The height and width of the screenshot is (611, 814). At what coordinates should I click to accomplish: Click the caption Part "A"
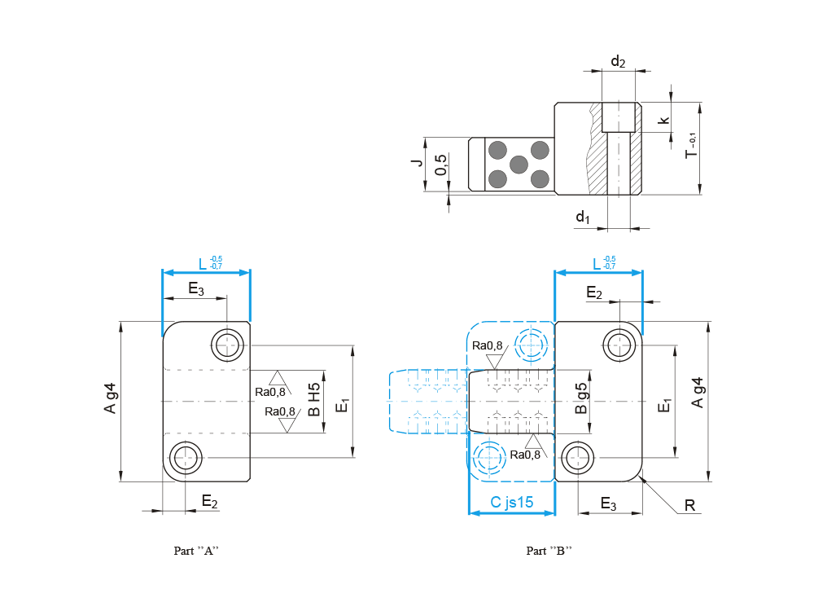point(196,551)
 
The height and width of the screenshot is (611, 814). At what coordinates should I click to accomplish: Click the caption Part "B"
point(549,551)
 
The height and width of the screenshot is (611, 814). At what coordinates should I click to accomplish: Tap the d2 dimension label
point(618,62)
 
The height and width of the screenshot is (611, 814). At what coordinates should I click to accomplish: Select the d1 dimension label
point(582,217)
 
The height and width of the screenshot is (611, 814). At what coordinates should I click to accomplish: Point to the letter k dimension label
point(664,120)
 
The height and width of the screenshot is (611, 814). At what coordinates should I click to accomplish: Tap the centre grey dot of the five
point(518,164)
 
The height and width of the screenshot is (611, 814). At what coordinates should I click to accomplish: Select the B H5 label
point(314,401)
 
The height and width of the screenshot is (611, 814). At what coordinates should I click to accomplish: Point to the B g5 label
point(581,399)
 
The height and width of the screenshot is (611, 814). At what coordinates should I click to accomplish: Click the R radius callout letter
point(689,506)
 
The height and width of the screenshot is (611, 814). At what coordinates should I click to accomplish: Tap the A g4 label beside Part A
point(111,398)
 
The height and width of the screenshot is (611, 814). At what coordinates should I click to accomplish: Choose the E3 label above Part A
point(196,288)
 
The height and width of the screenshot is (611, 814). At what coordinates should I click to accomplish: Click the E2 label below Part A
point(209,501)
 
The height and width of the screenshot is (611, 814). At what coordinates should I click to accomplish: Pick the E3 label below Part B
point(608,503)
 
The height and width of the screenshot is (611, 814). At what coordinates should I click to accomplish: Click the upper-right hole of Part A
point(227,345)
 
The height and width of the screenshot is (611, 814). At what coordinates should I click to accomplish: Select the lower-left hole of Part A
point(185,457)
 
